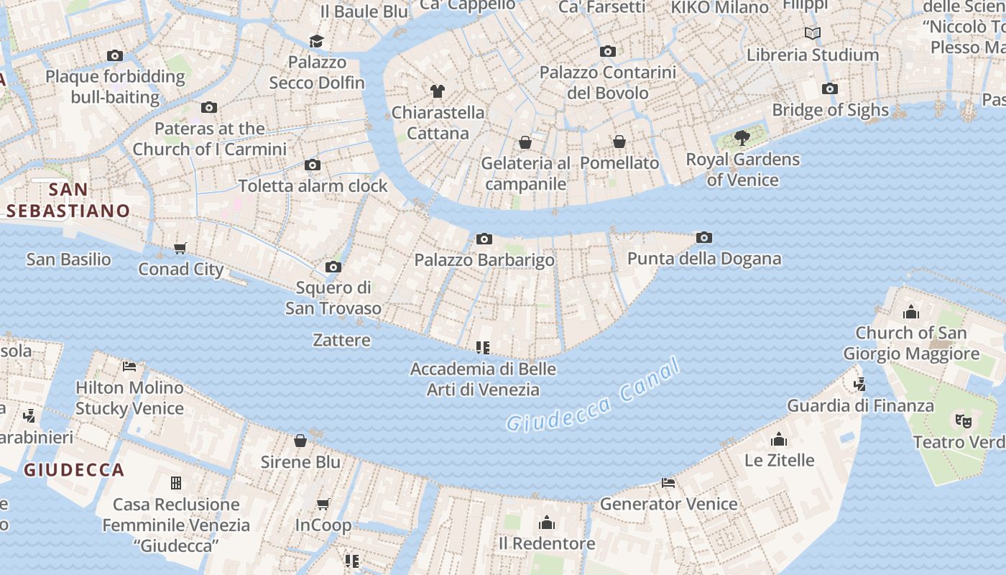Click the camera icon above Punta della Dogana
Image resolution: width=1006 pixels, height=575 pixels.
[x=704, y=237]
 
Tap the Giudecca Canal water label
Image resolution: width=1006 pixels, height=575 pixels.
[x=593, y=397]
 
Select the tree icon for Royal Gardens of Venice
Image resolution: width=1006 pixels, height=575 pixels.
[x=742, y=138]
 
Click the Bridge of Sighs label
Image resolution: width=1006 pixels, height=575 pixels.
[x=830, y=110]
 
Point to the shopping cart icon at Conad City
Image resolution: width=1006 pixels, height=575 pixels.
[x=180, y=248]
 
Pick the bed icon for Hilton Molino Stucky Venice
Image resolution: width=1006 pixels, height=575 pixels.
[x=129, y=366]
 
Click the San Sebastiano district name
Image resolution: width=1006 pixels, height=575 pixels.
[x=68, y=201]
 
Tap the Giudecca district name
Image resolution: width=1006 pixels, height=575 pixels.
[x=74, y=470]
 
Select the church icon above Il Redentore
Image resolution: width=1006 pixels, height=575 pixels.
[x=547, y=522]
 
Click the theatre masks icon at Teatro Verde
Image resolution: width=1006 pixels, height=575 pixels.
[x=963, y=420]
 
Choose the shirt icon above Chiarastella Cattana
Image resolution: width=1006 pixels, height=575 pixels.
[x=437, y=91]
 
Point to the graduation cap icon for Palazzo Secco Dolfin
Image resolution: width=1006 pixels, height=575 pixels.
[x=316, y=41]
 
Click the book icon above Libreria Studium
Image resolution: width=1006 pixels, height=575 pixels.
[x=813, y=33]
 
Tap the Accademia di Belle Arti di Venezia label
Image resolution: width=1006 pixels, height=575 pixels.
[x=483, y=379]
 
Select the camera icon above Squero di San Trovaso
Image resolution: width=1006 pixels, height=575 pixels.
[x=333, y=267]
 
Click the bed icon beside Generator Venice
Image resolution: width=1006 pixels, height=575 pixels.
[x=668, y=482]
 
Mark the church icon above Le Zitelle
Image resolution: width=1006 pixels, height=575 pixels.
[x=779, y=439]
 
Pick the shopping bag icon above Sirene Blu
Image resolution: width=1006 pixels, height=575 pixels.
[x=300, y=441]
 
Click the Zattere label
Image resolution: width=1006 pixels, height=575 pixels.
[x=342, y=340]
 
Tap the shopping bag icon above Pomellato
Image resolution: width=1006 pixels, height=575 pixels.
[x=619, y=142]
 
